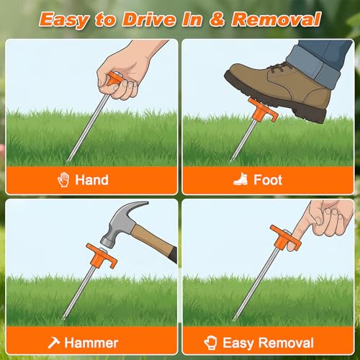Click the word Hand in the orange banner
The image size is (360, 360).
[x=91, y=180]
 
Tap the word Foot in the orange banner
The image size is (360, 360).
[x=268, y=180]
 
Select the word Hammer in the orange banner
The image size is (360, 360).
[x=91, y=343]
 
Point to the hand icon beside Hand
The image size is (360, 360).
[x=63, y=179]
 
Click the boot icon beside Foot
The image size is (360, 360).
[x=240, y=179]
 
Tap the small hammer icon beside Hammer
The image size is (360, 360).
[x=53, y=343]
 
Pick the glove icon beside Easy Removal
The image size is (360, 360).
[x=210, y=343]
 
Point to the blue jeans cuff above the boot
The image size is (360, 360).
[x=315, y=66]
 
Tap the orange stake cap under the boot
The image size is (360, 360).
[x=262, y=111]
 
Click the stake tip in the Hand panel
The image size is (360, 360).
[x=68, y=161]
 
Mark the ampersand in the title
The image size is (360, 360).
[x=217, y=19]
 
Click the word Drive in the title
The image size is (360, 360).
[x=149, y=19]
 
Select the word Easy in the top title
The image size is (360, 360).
[x=65, y=20]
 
